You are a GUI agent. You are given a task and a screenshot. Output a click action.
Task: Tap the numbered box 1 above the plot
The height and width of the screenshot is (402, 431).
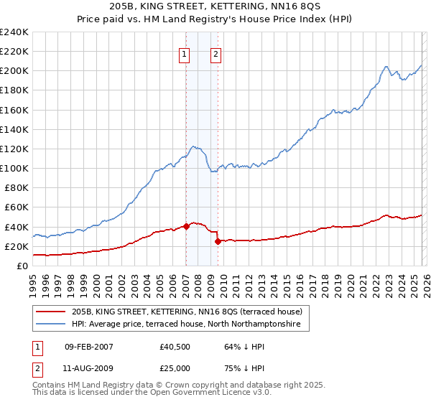(x=185, y=52)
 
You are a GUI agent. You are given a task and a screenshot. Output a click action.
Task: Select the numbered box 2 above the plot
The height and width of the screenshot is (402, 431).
(x=215, y=52)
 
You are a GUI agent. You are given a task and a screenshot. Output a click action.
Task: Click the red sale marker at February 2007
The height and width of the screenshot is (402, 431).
(x=186, y=226)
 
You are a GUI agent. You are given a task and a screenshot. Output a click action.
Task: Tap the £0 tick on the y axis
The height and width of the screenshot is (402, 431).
(x=22, y=266)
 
